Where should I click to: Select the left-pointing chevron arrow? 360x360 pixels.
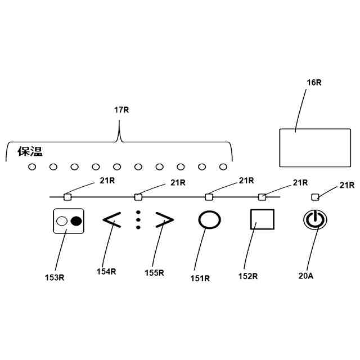pos(111,220)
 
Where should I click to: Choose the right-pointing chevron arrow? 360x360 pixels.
pos(164,220)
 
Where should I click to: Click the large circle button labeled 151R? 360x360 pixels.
pos(209,220)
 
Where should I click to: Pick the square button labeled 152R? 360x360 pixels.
pos(262,219)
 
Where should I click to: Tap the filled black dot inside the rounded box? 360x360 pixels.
pos(76,221)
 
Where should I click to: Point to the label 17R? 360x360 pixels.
pos(121,110)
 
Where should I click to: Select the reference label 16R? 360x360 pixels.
pos(314,83)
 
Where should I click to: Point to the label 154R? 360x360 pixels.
pos(106,271)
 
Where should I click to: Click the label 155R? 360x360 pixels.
pos(154,273)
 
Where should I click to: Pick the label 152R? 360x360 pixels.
pos(249,276)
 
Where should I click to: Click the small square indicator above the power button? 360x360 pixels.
pos(316,197)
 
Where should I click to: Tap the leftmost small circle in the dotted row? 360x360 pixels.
pos(32,166)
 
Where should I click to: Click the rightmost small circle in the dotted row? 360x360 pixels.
pos(223,166)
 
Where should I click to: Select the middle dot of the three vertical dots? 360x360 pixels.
pos(138,220)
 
